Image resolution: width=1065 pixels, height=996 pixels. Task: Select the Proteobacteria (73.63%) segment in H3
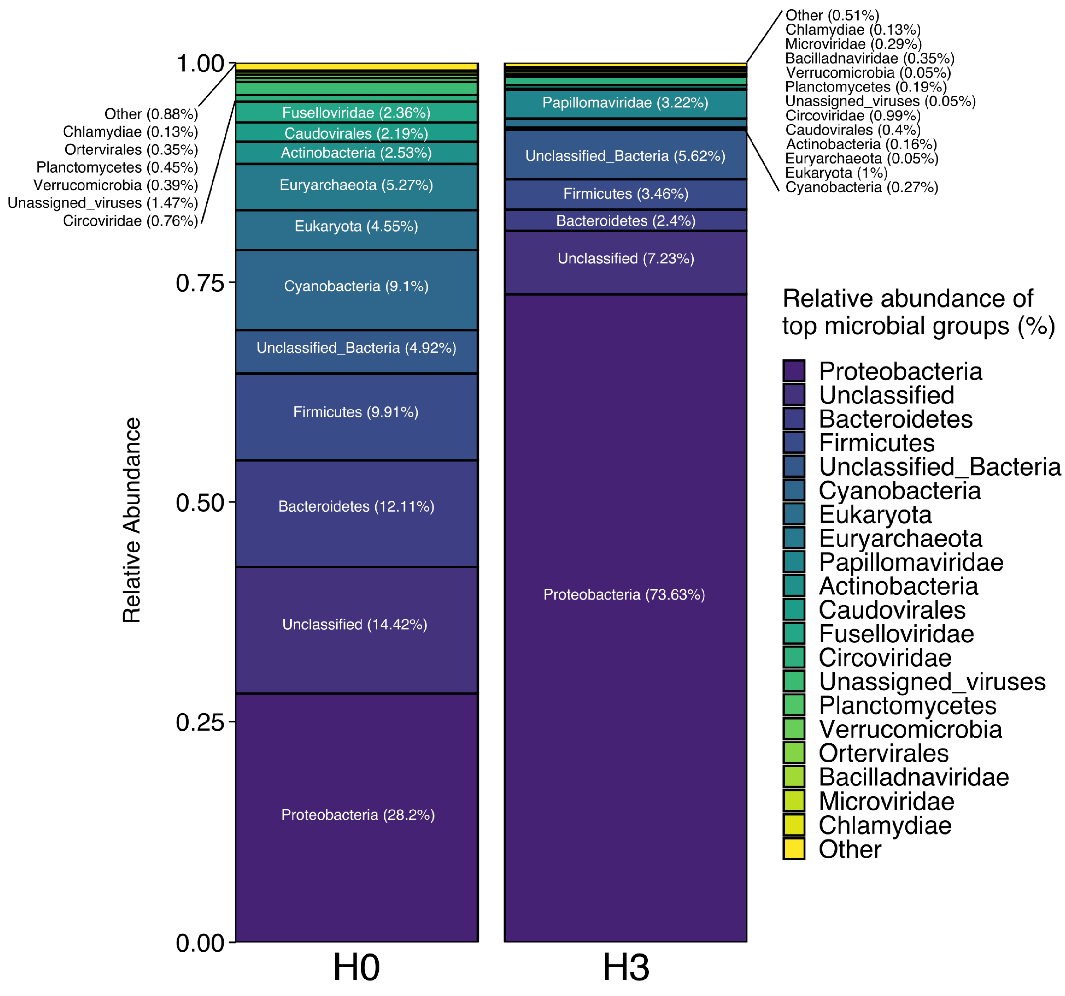click(625, 616)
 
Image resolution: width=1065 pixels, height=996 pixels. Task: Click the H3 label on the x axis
click(626, 967)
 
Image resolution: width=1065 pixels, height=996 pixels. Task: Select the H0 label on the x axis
click(356, 967)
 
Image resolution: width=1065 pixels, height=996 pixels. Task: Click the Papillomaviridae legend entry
click(911, 562)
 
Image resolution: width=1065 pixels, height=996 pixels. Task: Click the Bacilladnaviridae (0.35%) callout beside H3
click(869, 58)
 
